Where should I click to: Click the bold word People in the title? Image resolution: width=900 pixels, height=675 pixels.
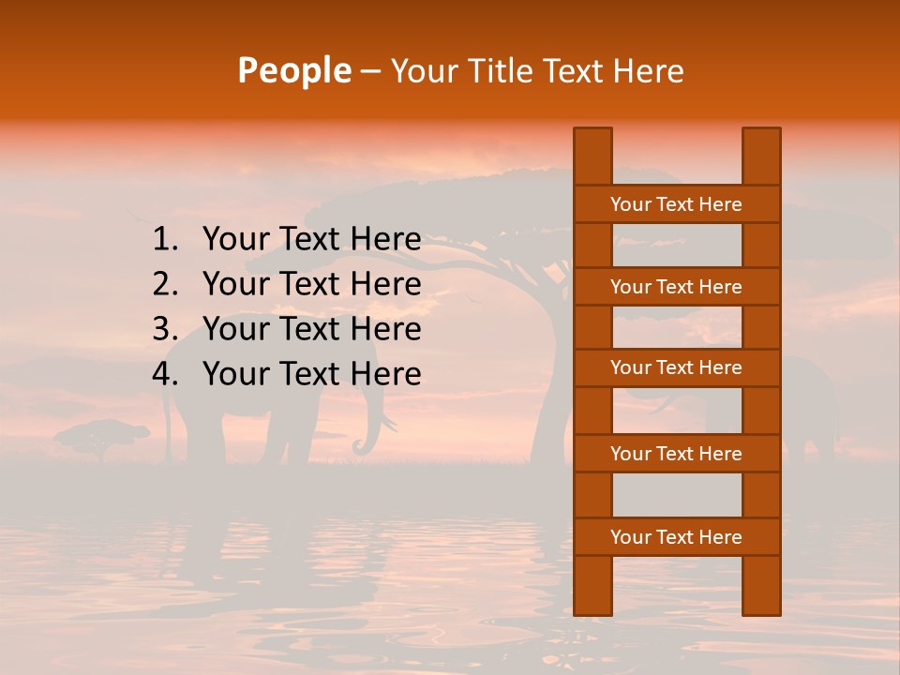(x=293, y=70)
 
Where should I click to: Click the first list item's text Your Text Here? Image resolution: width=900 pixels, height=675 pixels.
(x=311, y=240)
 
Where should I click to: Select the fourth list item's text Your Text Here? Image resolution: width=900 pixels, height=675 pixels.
(x=311, y=374)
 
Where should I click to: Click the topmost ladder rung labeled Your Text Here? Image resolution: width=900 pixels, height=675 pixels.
(x=676, y=204)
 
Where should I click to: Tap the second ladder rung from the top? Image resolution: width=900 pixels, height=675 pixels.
(x=676, y=287)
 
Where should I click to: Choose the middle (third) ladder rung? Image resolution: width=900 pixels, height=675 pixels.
(x=676, y=367)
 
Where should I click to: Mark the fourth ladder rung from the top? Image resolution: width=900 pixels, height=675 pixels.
(x=676, y=454)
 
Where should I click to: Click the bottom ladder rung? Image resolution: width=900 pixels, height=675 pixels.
(x=676, y=537)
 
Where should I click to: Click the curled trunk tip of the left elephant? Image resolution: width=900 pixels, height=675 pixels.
(x=361, y=448)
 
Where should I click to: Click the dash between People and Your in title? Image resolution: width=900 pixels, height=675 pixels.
(x=369, y=71)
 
